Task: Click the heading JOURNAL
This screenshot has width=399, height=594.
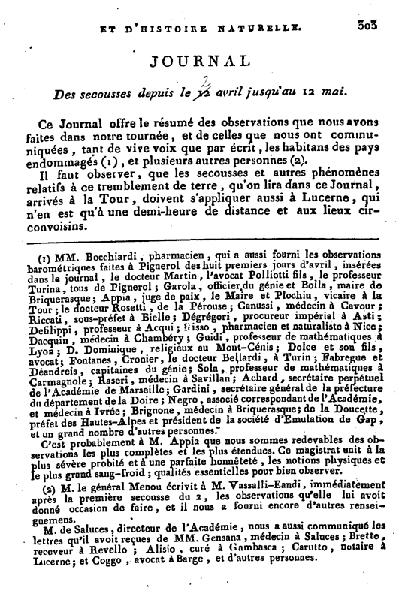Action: pos(199,62)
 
